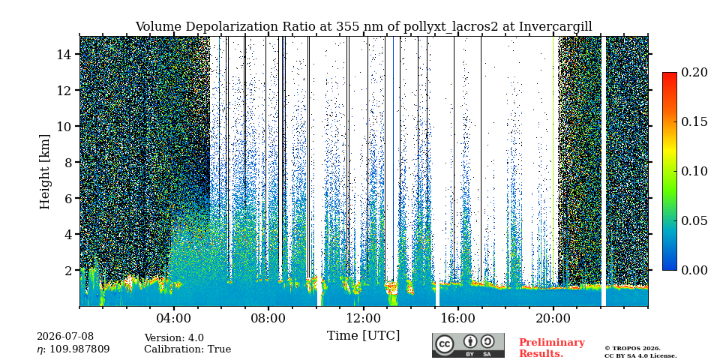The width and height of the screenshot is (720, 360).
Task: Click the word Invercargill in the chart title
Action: point(556,27)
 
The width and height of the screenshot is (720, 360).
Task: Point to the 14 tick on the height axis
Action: point(67,54)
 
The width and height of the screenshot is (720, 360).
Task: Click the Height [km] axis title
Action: point(44,171)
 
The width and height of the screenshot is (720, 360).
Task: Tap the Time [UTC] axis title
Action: point(363,336)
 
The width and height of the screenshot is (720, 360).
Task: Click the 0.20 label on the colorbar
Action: point(694,72)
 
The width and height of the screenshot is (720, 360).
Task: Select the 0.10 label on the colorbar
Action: point(694,171)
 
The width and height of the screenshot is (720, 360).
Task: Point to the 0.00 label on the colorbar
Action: point(694,270)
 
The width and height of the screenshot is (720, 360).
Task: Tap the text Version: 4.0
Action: point(174,338)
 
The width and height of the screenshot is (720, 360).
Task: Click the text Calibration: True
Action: point(187,349)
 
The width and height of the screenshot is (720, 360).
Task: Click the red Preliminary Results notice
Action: point(552,348)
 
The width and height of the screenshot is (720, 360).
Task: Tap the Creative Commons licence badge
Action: point(468,345)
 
